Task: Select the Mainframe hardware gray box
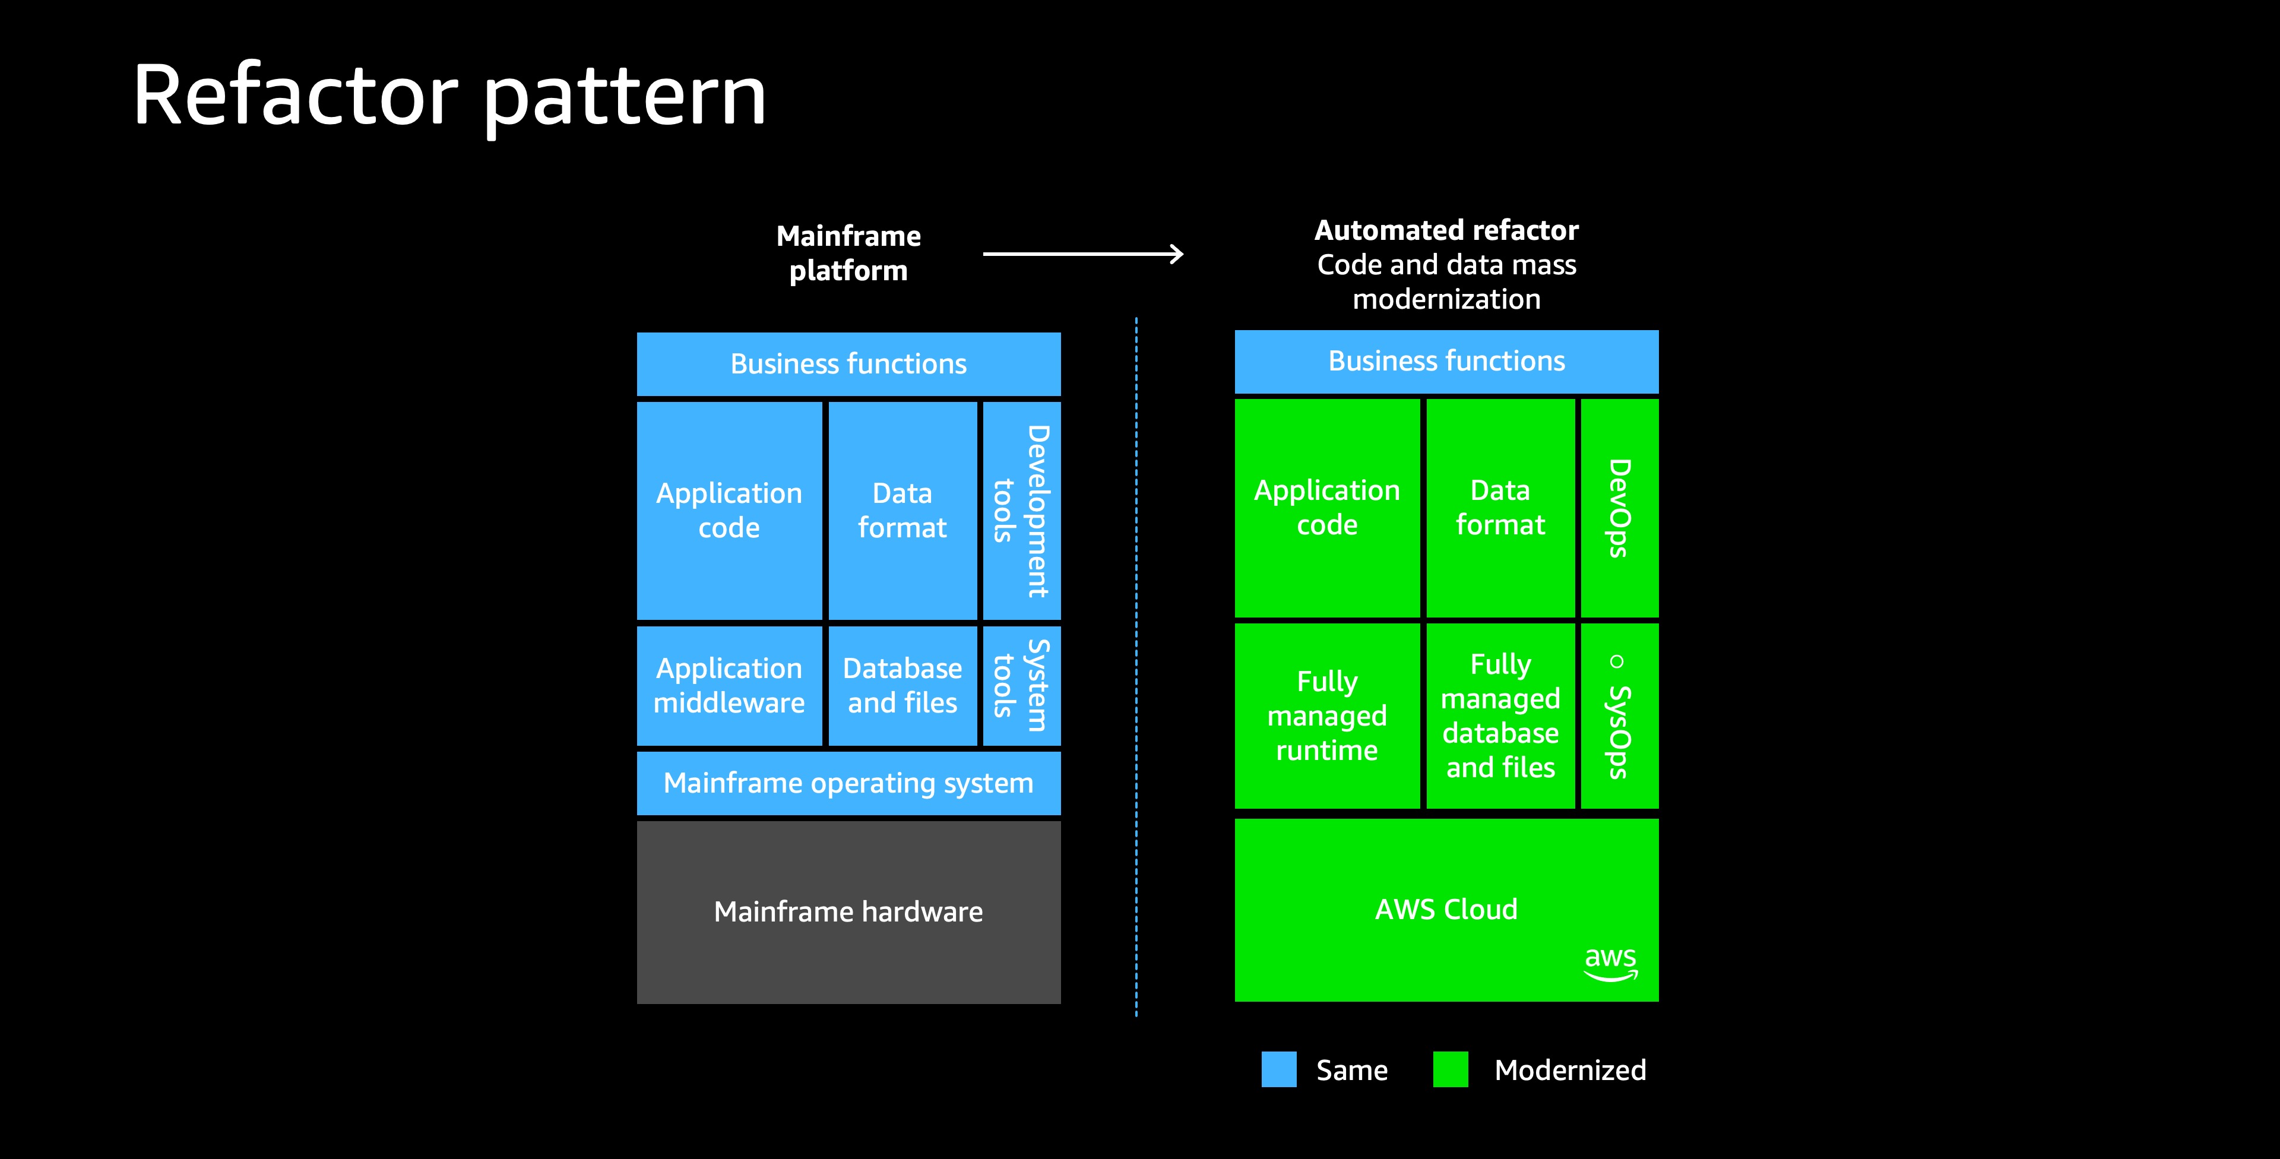point(848,912)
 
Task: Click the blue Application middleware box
point(729,685)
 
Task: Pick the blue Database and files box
point(902,685)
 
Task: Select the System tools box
point(1021,685)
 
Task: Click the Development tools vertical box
point(1021,511)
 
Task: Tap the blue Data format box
point(902,511)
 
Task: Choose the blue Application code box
point(729,511)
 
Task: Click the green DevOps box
point(1619,508)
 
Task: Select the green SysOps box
point(1619,716)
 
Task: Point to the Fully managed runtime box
point(1327,716)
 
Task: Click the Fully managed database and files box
point(1500,716)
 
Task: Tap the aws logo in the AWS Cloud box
point(1610,963)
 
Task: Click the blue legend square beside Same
point(1278,1069)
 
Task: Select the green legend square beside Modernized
point(1450,1069)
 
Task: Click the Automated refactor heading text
point(1446,230)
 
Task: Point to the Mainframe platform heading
point(848,253)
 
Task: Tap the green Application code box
point(1327,508)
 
